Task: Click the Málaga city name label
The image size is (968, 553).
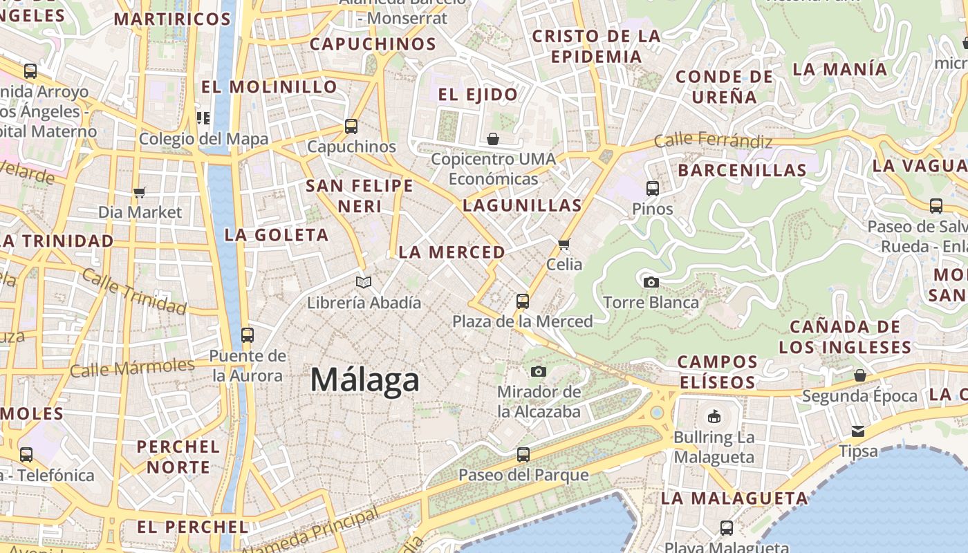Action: [364, 380]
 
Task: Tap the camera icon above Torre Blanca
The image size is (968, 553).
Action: [651, 282]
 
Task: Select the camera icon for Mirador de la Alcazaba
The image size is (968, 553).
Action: [539, 371]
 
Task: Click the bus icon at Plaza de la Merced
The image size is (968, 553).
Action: [523, 301]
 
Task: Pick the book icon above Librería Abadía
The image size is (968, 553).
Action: [364, 282]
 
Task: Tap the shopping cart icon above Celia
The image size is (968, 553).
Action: [564, 244]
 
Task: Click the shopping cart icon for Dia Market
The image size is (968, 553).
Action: [140, 192]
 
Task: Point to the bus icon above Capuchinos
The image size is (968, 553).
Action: [351, 126]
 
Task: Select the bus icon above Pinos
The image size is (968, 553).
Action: [652, 188]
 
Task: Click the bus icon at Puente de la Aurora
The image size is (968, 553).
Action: [248, 335]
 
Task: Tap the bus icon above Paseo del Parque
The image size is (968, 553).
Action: [523, 455]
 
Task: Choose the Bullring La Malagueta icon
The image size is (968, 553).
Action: [714, 416]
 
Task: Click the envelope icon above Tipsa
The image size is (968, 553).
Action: [858, 431]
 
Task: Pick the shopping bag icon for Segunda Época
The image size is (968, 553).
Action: [859, 375]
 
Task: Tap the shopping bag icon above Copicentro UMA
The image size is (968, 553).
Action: [493, 139]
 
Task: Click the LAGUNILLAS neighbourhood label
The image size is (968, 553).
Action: [522, 205]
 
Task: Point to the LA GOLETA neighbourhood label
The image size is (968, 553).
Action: [276, 235]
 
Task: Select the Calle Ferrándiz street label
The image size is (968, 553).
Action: [713, 140]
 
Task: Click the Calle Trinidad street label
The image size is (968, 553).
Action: [133, 291]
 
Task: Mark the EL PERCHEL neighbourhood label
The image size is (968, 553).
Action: [192, 527]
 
